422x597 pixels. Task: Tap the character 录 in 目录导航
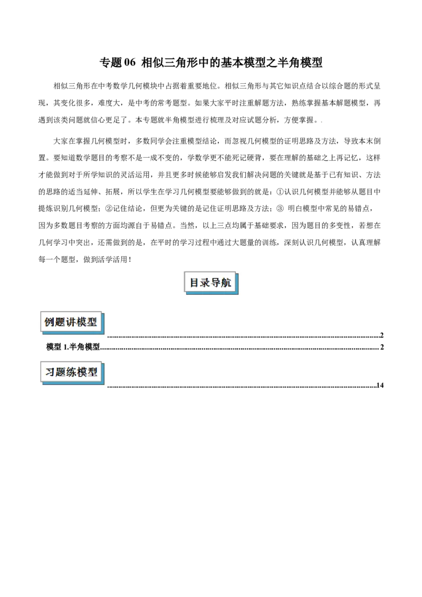click(x=205, y=283)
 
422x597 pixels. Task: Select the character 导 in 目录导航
click(x=216, y=283)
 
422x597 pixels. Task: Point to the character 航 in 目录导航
click(x=226, y=283)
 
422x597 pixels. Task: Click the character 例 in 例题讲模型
click(x=49, y=322)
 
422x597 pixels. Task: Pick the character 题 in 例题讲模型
click(x=60, y=322)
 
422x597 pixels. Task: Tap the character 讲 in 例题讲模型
click(x=71, y=322)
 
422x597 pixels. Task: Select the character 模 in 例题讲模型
click(x=82, y=322)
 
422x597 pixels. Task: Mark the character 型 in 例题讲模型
click(x=93, y=322)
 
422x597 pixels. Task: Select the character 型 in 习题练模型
click(x=93, y=372)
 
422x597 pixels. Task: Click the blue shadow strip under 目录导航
click(x=214, y=293)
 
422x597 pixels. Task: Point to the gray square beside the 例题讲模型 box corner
click(x=108, y=340)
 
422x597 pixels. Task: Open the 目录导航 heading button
click(x=210, y=282)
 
